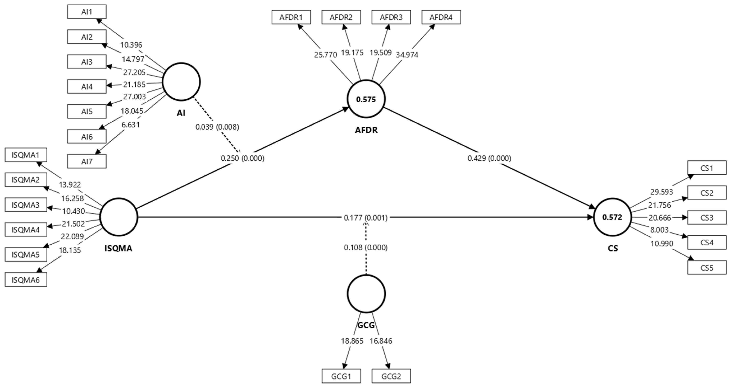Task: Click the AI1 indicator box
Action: point(87,12)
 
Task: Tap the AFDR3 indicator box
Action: point(391,17)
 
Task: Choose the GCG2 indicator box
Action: point(391,376)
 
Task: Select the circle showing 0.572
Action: point(612,217)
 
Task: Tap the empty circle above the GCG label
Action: point(366,294)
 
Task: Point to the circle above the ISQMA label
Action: point(119,217)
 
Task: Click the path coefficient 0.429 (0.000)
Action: point(489,158)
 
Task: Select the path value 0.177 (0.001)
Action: point(365,218)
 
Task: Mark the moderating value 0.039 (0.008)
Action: point(217,127)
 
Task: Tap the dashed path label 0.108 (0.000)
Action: point(365,248)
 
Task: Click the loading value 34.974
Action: point(407,55)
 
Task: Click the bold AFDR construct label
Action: point(366,130)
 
